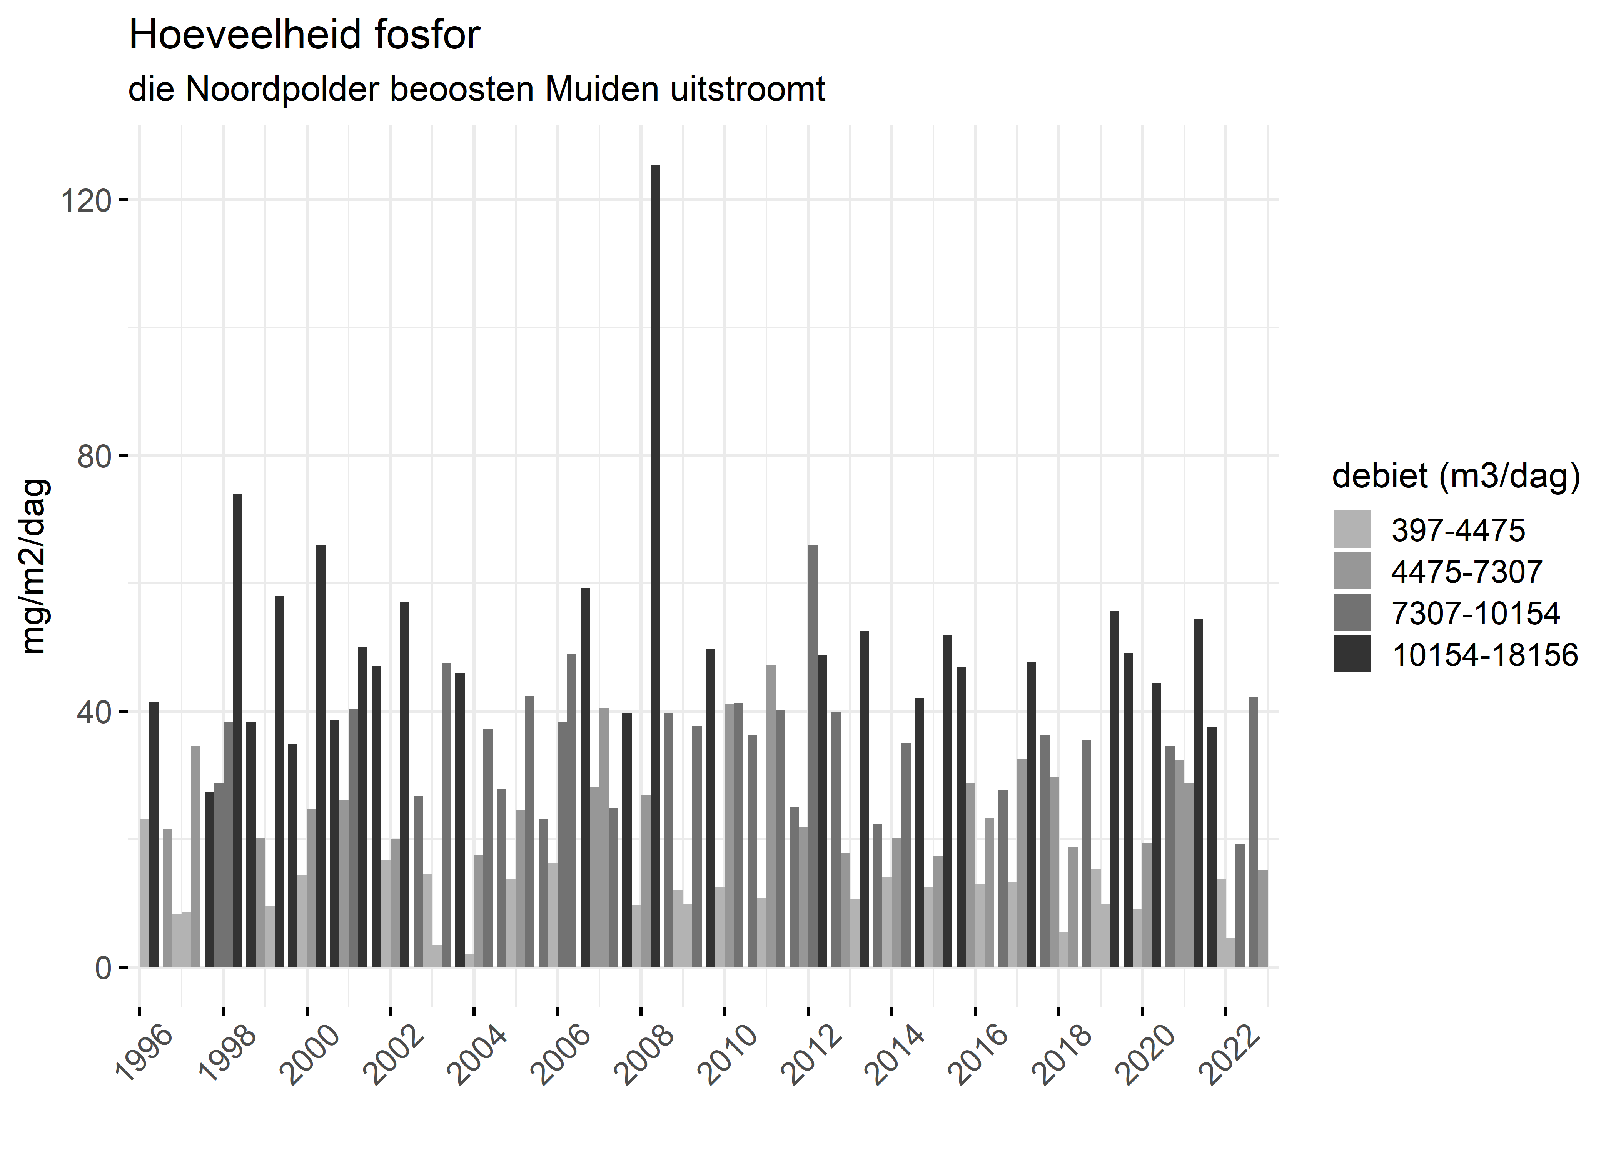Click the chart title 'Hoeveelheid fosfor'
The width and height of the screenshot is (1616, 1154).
pos(304,35)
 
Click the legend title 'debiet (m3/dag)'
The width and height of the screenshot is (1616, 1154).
pos(1456,476)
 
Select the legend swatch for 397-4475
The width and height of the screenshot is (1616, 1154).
pos(1352,529)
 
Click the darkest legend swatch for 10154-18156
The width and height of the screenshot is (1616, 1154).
pos(1352,654)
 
